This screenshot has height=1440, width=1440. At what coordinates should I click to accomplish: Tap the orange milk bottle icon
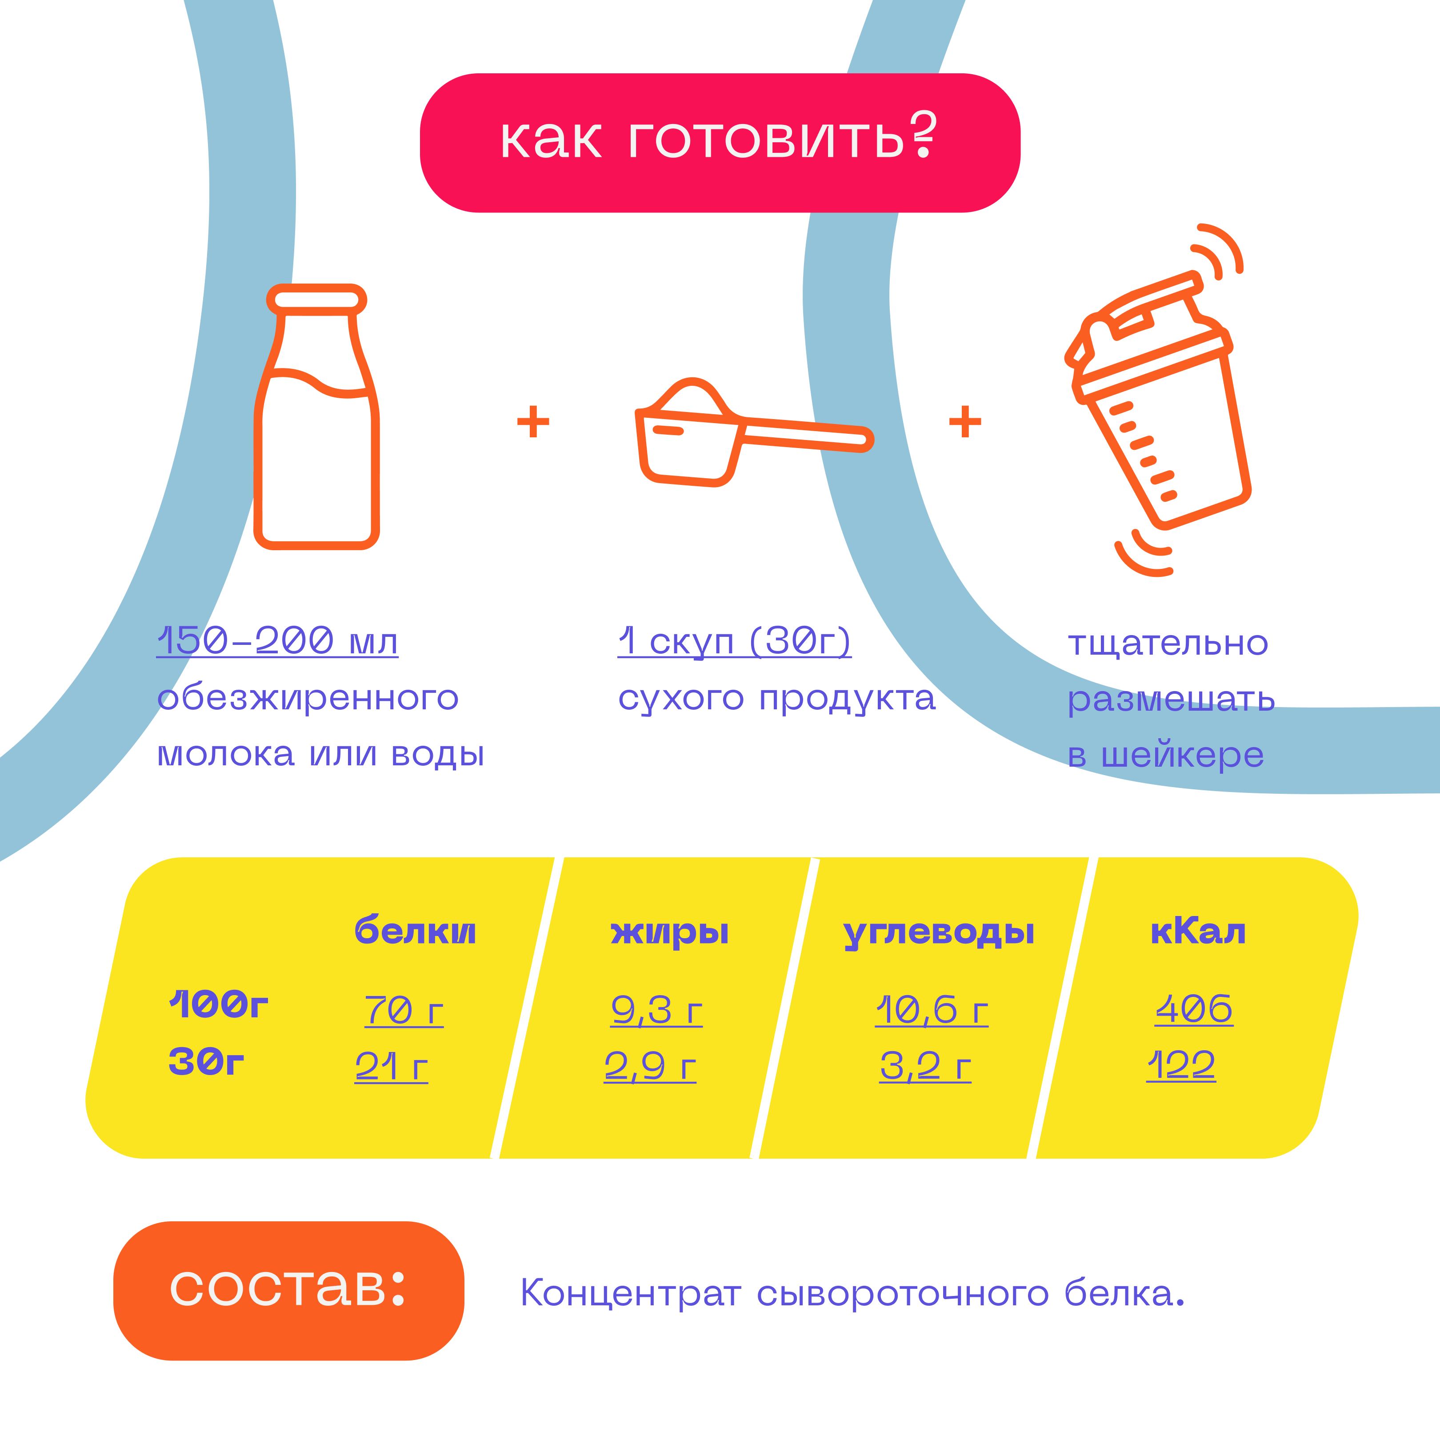click(317, 417)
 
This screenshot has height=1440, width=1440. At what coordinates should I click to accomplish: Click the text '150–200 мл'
click(277, 641)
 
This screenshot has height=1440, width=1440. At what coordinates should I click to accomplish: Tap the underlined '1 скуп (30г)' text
click(734, 641)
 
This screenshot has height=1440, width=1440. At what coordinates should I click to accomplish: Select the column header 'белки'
click(415, 931)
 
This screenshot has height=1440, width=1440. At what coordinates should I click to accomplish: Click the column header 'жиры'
click(669, 932)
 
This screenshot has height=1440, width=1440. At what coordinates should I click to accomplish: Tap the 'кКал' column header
click(1198, 931)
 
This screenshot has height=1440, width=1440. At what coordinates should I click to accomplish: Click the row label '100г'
click(218, 1005)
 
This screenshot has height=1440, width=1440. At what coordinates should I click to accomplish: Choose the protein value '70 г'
click(404, 1011)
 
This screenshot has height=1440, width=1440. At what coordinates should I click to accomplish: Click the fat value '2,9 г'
click(650, 1066)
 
